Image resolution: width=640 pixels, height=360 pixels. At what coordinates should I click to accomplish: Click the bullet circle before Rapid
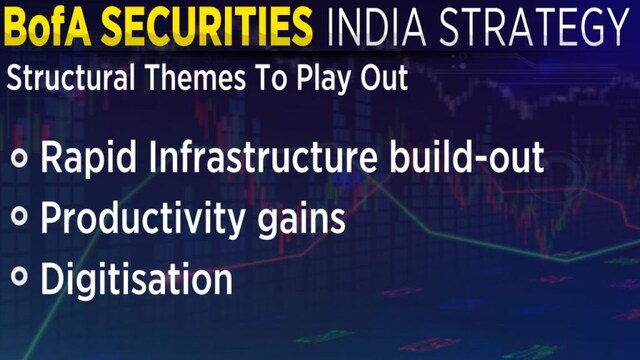tap(20, 160)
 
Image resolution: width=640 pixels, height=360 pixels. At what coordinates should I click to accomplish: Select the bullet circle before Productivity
tap(20, 219)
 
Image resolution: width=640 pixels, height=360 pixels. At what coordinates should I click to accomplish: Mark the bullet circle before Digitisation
tap(20, 279)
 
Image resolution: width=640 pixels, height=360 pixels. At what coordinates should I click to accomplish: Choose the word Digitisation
tap(136, 279)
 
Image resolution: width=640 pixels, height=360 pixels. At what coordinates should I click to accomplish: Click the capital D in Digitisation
tap(52, 278)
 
